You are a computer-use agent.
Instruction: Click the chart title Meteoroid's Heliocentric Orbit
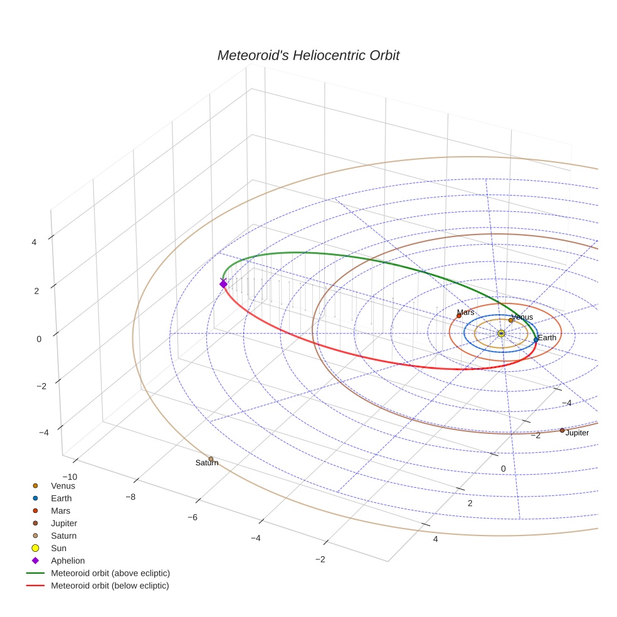coord(308,56)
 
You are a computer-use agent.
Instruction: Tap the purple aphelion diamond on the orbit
coord(223,284)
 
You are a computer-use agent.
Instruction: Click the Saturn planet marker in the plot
coord(211,459)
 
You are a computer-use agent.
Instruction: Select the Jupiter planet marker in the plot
coord(562,430)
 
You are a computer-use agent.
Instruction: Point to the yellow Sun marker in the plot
coord(501,333)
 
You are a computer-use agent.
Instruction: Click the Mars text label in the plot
coord(465,312)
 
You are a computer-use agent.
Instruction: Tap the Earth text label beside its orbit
coord(547,338)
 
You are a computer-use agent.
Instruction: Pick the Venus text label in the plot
coord(522,317)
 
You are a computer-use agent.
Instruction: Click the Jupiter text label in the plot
coord(577,433)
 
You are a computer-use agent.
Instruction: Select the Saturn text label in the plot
coord(206,463)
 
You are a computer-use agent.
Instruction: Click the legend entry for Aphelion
coord(68,561)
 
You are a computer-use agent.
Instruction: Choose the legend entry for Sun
coord(58,548)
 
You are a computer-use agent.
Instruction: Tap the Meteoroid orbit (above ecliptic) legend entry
coord(110,573)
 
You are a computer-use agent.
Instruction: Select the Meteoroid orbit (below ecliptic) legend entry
coord(110,586)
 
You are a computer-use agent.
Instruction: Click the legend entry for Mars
coord(61,510)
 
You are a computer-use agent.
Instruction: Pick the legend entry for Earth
coord(61,498)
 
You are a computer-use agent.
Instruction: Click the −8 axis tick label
coord(130,497)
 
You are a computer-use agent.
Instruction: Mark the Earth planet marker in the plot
coord(535,340)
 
